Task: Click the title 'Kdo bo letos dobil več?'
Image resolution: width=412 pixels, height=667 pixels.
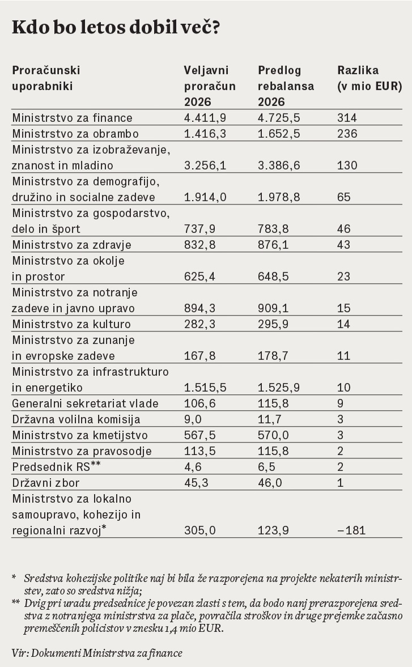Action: click(x=116, y=27)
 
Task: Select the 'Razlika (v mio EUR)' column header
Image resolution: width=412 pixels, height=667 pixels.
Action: click(x=369, y=78)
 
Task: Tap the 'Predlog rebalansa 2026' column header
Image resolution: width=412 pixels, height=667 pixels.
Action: click(x=286, y=86)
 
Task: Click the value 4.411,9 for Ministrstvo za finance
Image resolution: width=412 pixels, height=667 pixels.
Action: click(x=205, y=118)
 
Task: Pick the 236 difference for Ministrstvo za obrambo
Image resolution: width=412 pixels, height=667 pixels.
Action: click(x=347, y=134)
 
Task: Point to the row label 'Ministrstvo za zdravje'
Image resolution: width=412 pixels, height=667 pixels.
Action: click(x=71, y=245)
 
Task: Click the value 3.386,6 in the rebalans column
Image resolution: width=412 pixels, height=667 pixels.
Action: click(x=279, y=165)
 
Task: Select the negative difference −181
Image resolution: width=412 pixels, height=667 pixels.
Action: click(x=351, y=530)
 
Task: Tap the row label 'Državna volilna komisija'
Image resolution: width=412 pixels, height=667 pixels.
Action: click(x=76, y=419)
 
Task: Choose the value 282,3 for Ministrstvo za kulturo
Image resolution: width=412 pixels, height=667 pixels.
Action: click(x=199, y=324)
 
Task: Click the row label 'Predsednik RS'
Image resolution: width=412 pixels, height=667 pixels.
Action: click(x=56, y=466)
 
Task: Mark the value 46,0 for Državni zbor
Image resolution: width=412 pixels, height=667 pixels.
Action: click(x=270, y=483)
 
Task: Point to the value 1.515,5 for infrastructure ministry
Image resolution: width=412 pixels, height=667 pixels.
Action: click(x=205, y=388)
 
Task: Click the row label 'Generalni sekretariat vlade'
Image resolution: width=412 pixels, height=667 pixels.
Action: click(x=85, y=403)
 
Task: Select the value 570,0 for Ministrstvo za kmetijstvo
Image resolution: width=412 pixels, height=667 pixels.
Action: click(x=273, y=435)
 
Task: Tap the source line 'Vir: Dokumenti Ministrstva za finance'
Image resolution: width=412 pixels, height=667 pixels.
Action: click(x=97, y=653)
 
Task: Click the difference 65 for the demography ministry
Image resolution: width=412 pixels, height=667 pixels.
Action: click(x=344, y=197)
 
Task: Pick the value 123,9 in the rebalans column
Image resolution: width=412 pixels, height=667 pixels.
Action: click(x=273, y=530)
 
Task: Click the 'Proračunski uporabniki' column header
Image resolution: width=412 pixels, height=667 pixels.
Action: click(x=46, y=78)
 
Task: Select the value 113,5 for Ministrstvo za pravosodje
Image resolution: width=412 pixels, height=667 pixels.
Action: click(x=199, y=451)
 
